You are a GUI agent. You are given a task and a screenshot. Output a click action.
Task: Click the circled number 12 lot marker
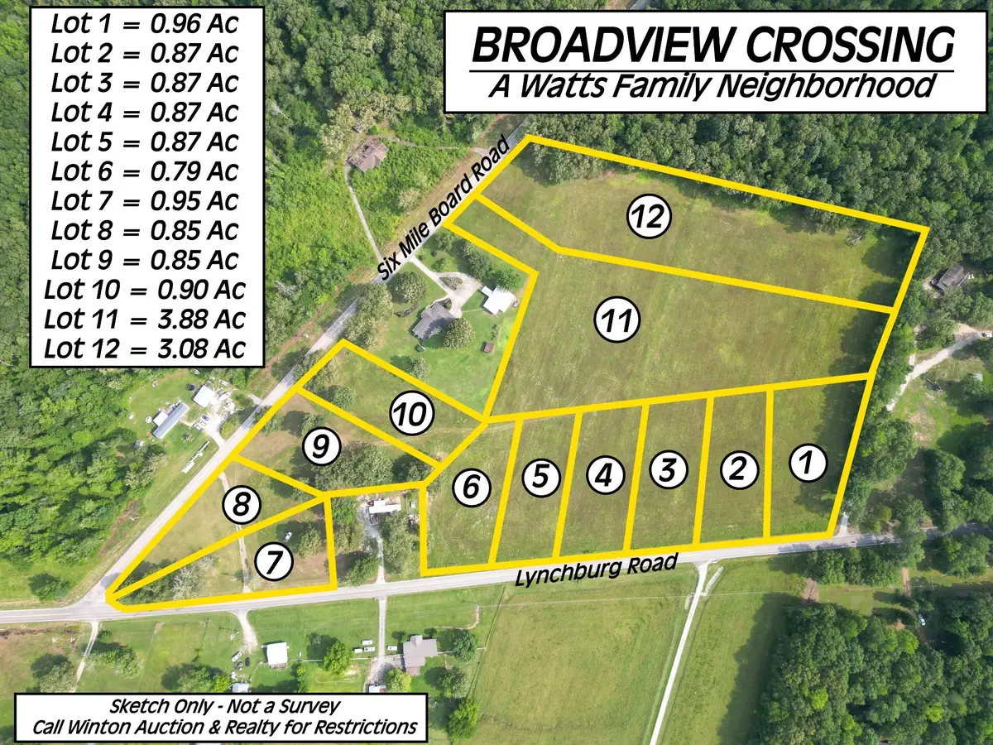[x=648, y=218]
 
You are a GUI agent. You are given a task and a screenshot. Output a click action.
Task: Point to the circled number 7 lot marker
[x=275, y=564]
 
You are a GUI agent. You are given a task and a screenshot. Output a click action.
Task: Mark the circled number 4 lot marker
[x=605, y=476]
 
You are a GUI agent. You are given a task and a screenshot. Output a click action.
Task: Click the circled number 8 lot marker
[x=241, y=505]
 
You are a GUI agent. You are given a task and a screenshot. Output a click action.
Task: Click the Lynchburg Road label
[x=596, y=570]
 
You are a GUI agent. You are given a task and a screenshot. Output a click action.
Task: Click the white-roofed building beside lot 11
[x=499, y=300]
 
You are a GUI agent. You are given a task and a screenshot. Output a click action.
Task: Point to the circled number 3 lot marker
[x=670, y=470]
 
